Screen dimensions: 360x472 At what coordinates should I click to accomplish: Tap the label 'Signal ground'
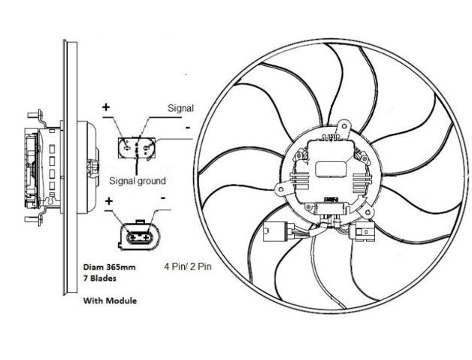point(138,180)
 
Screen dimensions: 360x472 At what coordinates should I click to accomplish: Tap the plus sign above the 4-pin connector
point(105,107)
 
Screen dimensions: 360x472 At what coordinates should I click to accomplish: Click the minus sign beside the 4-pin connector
point(185,129)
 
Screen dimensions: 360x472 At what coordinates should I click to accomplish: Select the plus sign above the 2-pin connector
point(110,201)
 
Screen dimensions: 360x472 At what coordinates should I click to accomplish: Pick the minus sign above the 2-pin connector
point(164,197)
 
